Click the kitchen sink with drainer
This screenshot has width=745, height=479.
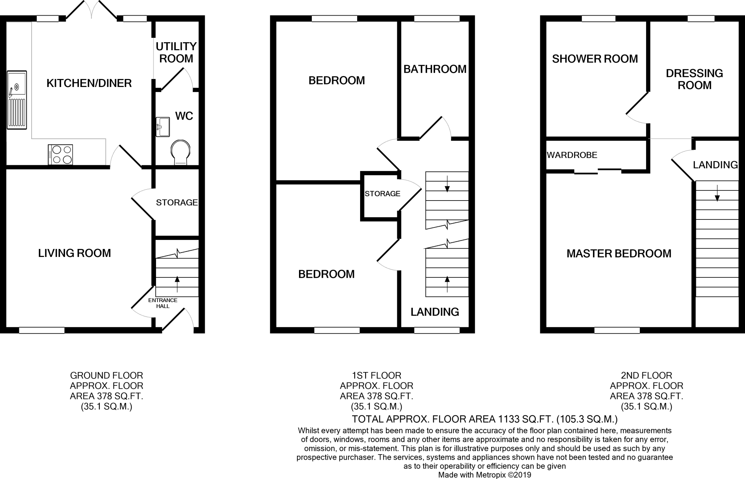point(17,100)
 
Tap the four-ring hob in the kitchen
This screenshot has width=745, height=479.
point(60,155)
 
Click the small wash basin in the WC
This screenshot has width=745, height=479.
point(163,127)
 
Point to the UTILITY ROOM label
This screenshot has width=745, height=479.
point(176,52)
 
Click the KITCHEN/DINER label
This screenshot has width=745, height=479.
point(89,83)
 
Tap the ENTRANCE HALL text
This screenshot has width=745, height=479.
point(163,303)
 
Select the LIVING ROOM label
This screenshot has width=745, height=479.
point(75,253)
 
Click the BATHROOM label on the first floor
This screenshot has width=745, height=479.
point(435,69)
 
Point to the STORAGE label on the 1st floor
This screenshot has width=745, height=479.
point(382,194)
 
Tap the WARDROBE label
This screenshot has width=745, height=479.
point(572,155)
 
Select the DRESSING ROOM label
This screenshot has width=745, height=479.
point(694,79)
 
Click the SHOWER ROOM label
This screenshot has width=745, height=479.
point(595,59)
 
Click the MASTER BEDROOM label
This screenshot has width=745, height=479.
point(619,254)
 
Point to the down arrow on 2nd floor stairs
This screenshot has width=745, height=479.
point(717,194)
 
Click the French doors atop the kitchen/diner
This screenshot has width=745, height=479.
point(91,10)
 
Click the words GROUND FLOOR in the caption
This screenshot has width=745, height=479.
point(106,375)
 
